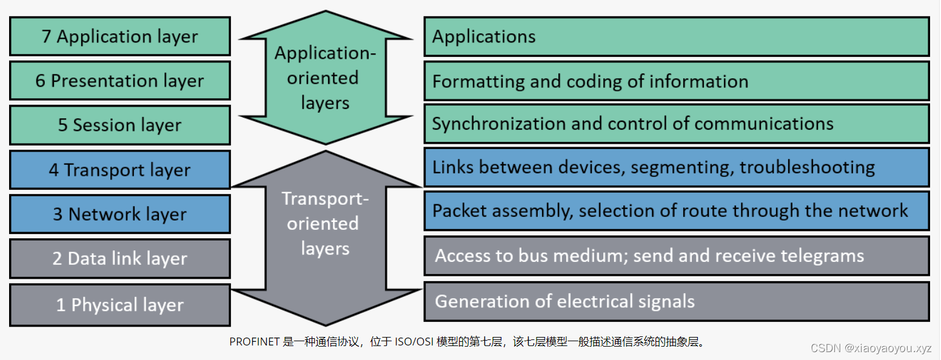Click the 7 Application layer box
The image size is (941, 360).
tap(120, 36)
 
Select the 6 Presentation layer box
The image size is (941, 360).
tap(120, 81)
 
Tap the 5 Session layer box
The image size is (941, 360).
tap(120, 125)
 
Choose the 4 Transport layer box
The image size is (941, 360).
tap(120, 170)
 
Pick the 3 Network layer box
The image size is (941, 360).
tap(120, 214)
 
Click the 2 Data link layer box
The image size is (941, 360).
tap(120, 258)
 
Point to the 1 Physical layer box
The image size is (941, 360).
tap(120, 304)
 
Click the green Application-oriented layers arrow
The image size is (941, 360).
tap(326, 78)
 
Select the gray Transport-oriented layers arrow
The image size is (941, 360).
tap(326, 224)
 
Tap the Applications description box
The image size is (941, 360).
tap(676, 36)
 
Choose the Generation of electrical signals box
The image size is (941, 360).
tap(676, 301)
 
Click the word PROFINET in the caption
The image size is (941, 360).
tap(255, 342)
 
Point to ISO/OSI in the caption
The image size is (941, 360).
tap(415, 342)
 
